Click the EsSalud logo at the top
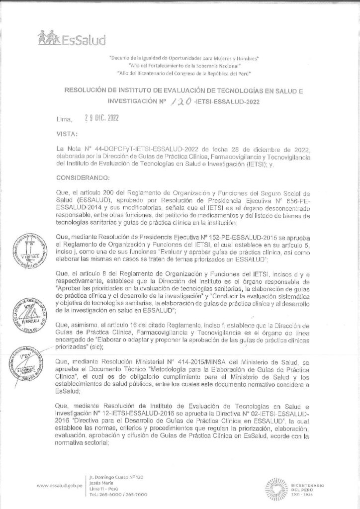68,38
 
